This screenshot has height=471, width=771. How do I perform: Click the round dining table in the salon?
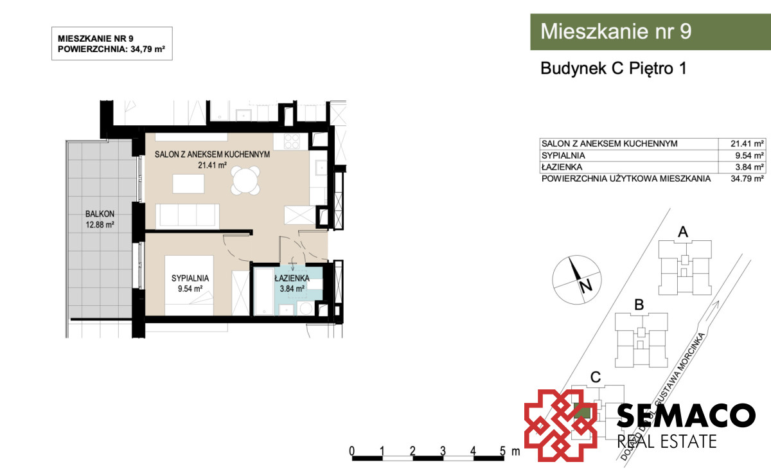click(246, 181)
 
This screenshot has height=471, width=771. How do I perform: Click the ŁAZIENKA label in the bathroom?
click(292, 278)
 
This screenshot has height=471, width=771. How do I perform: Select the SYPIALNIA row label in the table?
click(563, 156)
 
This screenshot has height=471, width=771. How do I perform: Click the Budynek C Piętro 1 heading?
click(614, 68)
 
